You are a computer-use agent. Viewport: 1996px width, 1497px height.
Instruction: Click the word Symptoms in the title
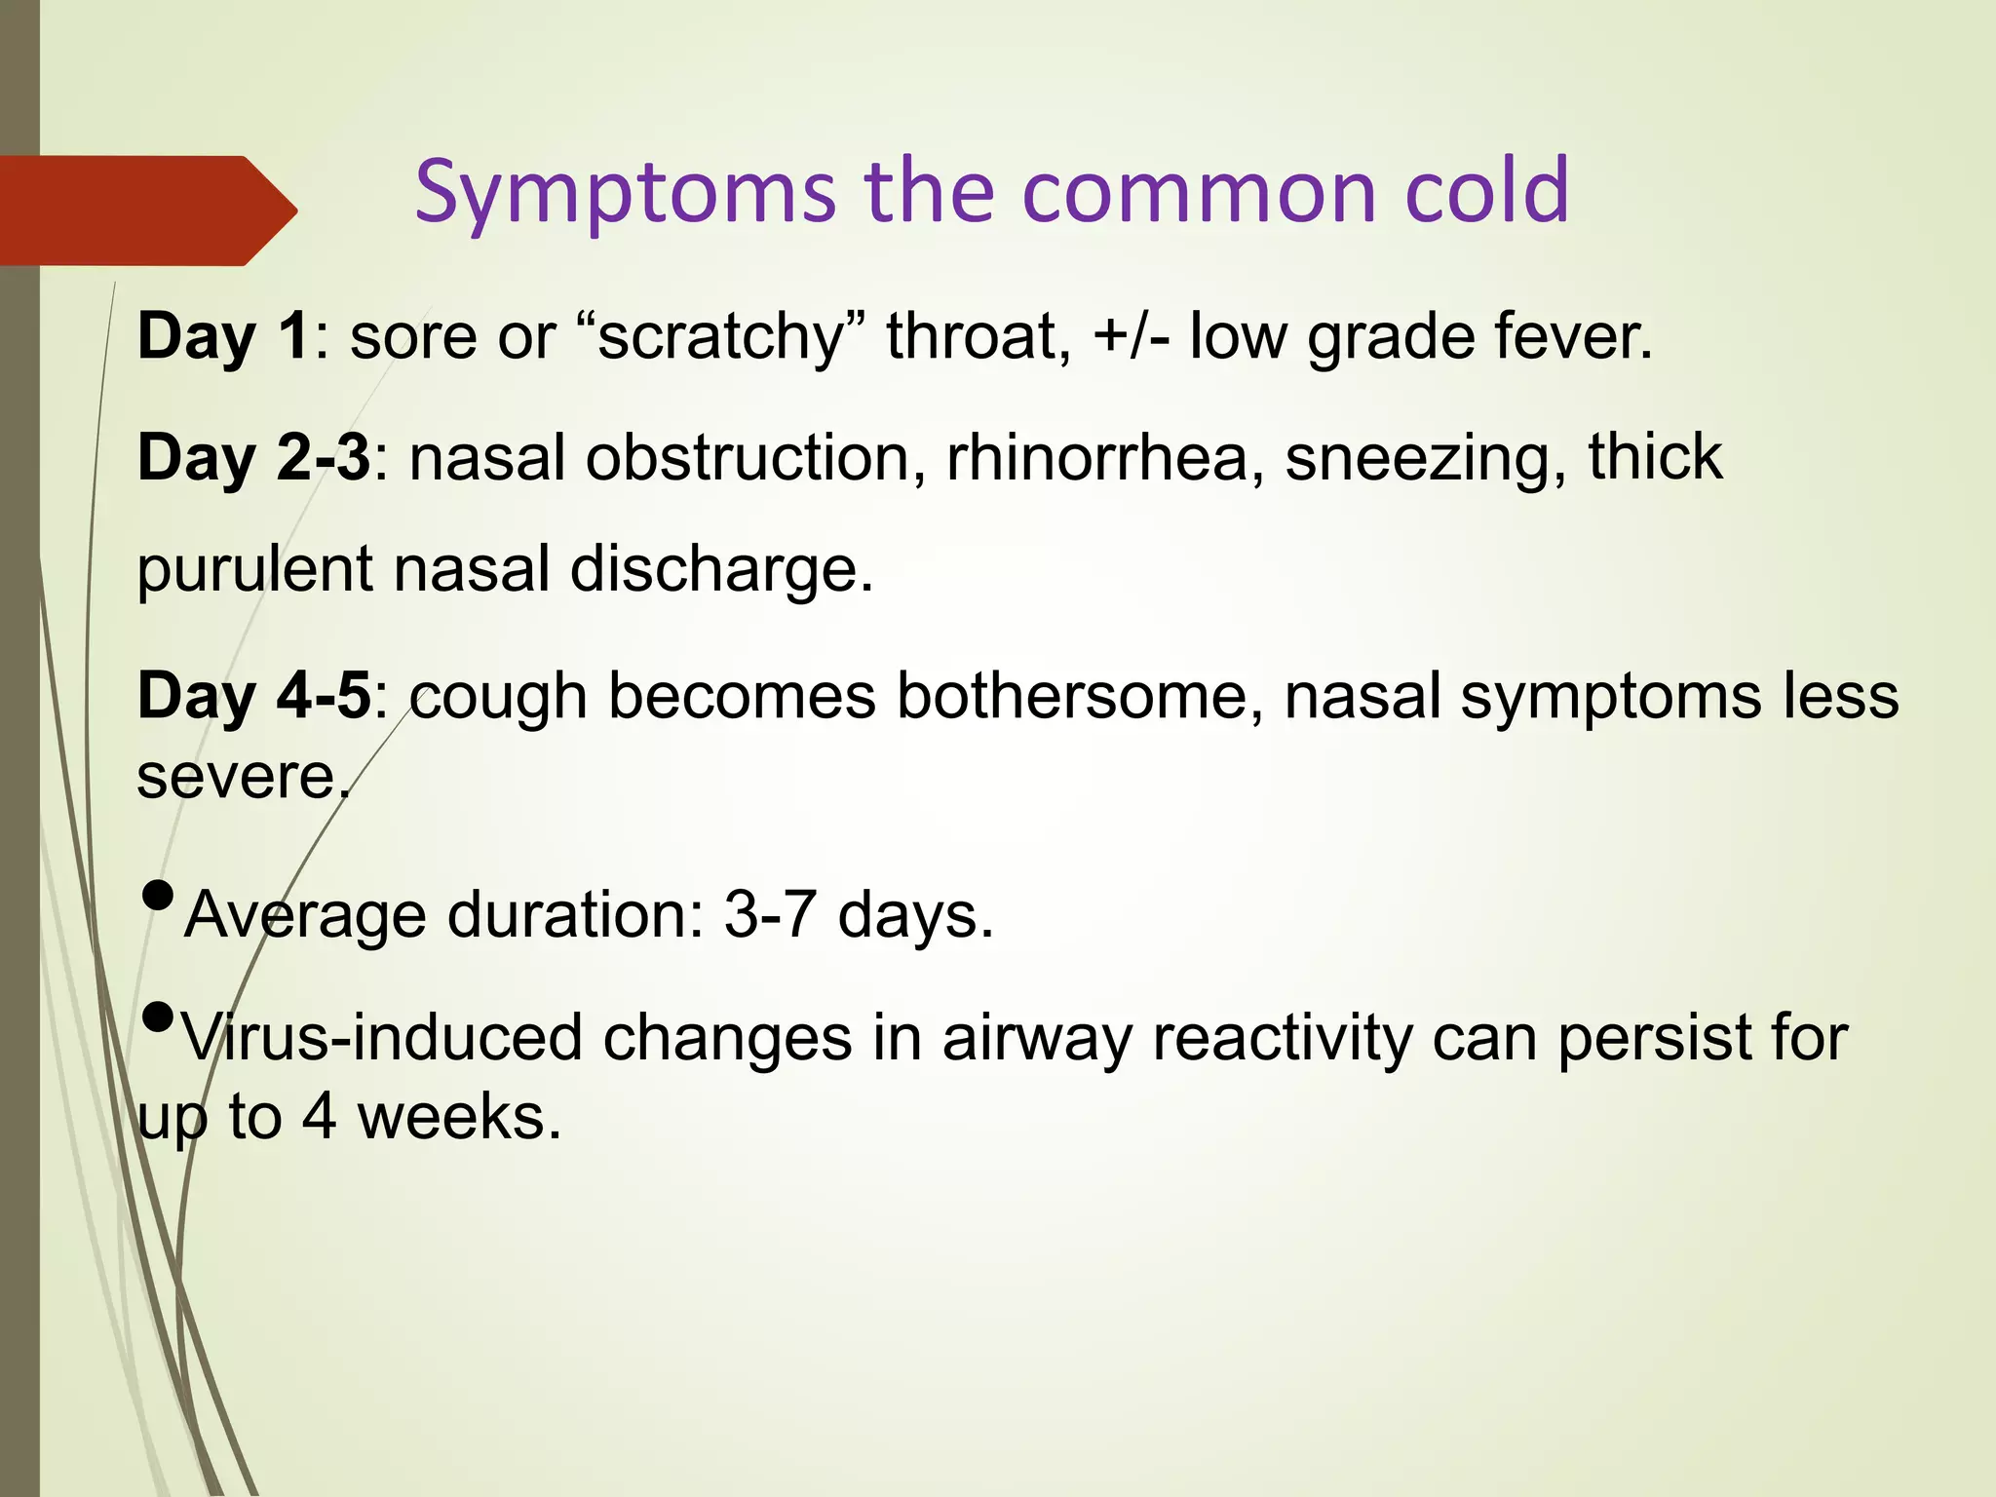pyautogui.click(x=625, y=192)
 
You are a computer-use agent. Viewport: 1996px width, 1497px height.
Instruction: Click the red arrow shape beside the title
pyautogui.click(x=146, y=211)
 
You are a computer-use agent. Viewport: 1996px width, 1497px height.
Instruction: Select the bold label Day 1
pyautogui.click(x=223, y=336)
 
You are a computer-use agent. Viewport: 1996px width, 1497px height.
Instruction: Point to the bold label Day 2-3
pyautogui.click(x=253, y=457)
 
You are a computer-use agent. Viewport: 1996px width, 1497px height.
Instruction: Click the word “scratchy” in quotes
pyautogui.click(x=722, y=336)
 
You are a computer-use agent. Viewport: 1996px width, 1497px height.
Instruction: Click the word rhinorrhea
pyautogui.click(x=1097, y=457)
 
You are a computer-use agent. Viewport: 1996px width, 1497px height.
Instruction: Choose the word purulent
pyautogui.click(x=254, y=569)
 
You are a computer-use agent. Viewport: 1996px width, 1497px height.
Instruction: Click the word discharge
pyautogui.click(x=721, y=569)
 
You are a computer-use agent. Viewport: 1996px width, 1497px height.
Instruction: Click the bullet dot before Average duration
pyautogui.click(x=158, y=895)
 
